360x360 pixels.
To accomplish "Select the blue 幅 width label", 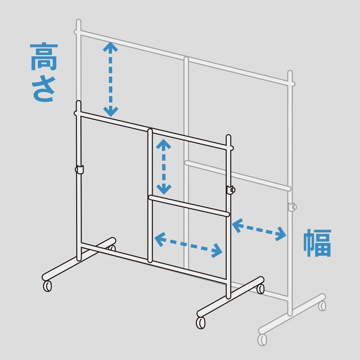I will (317, 243).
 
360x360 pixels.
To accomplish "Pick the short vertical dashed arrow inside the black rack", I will (164, 167).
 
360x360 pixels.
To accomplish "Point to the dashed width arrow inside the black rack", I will (188, 244).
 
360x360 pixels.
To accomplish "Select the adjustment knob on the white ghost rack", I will (292, 207).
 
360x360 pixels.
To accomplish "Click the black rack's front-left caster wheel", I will (47, 286).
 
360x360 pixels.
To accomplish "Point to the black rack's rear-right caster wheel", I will (260, 288).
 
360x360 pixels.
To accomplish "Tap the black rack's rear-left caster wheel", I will (113, 248).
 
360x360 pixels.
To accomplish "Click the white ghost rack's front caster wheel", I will (262, 339).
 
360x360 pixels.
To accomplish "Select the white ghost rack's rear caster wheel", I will (322, 305).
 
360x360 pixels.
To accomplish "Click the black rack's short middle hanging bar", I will (189, 206).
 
